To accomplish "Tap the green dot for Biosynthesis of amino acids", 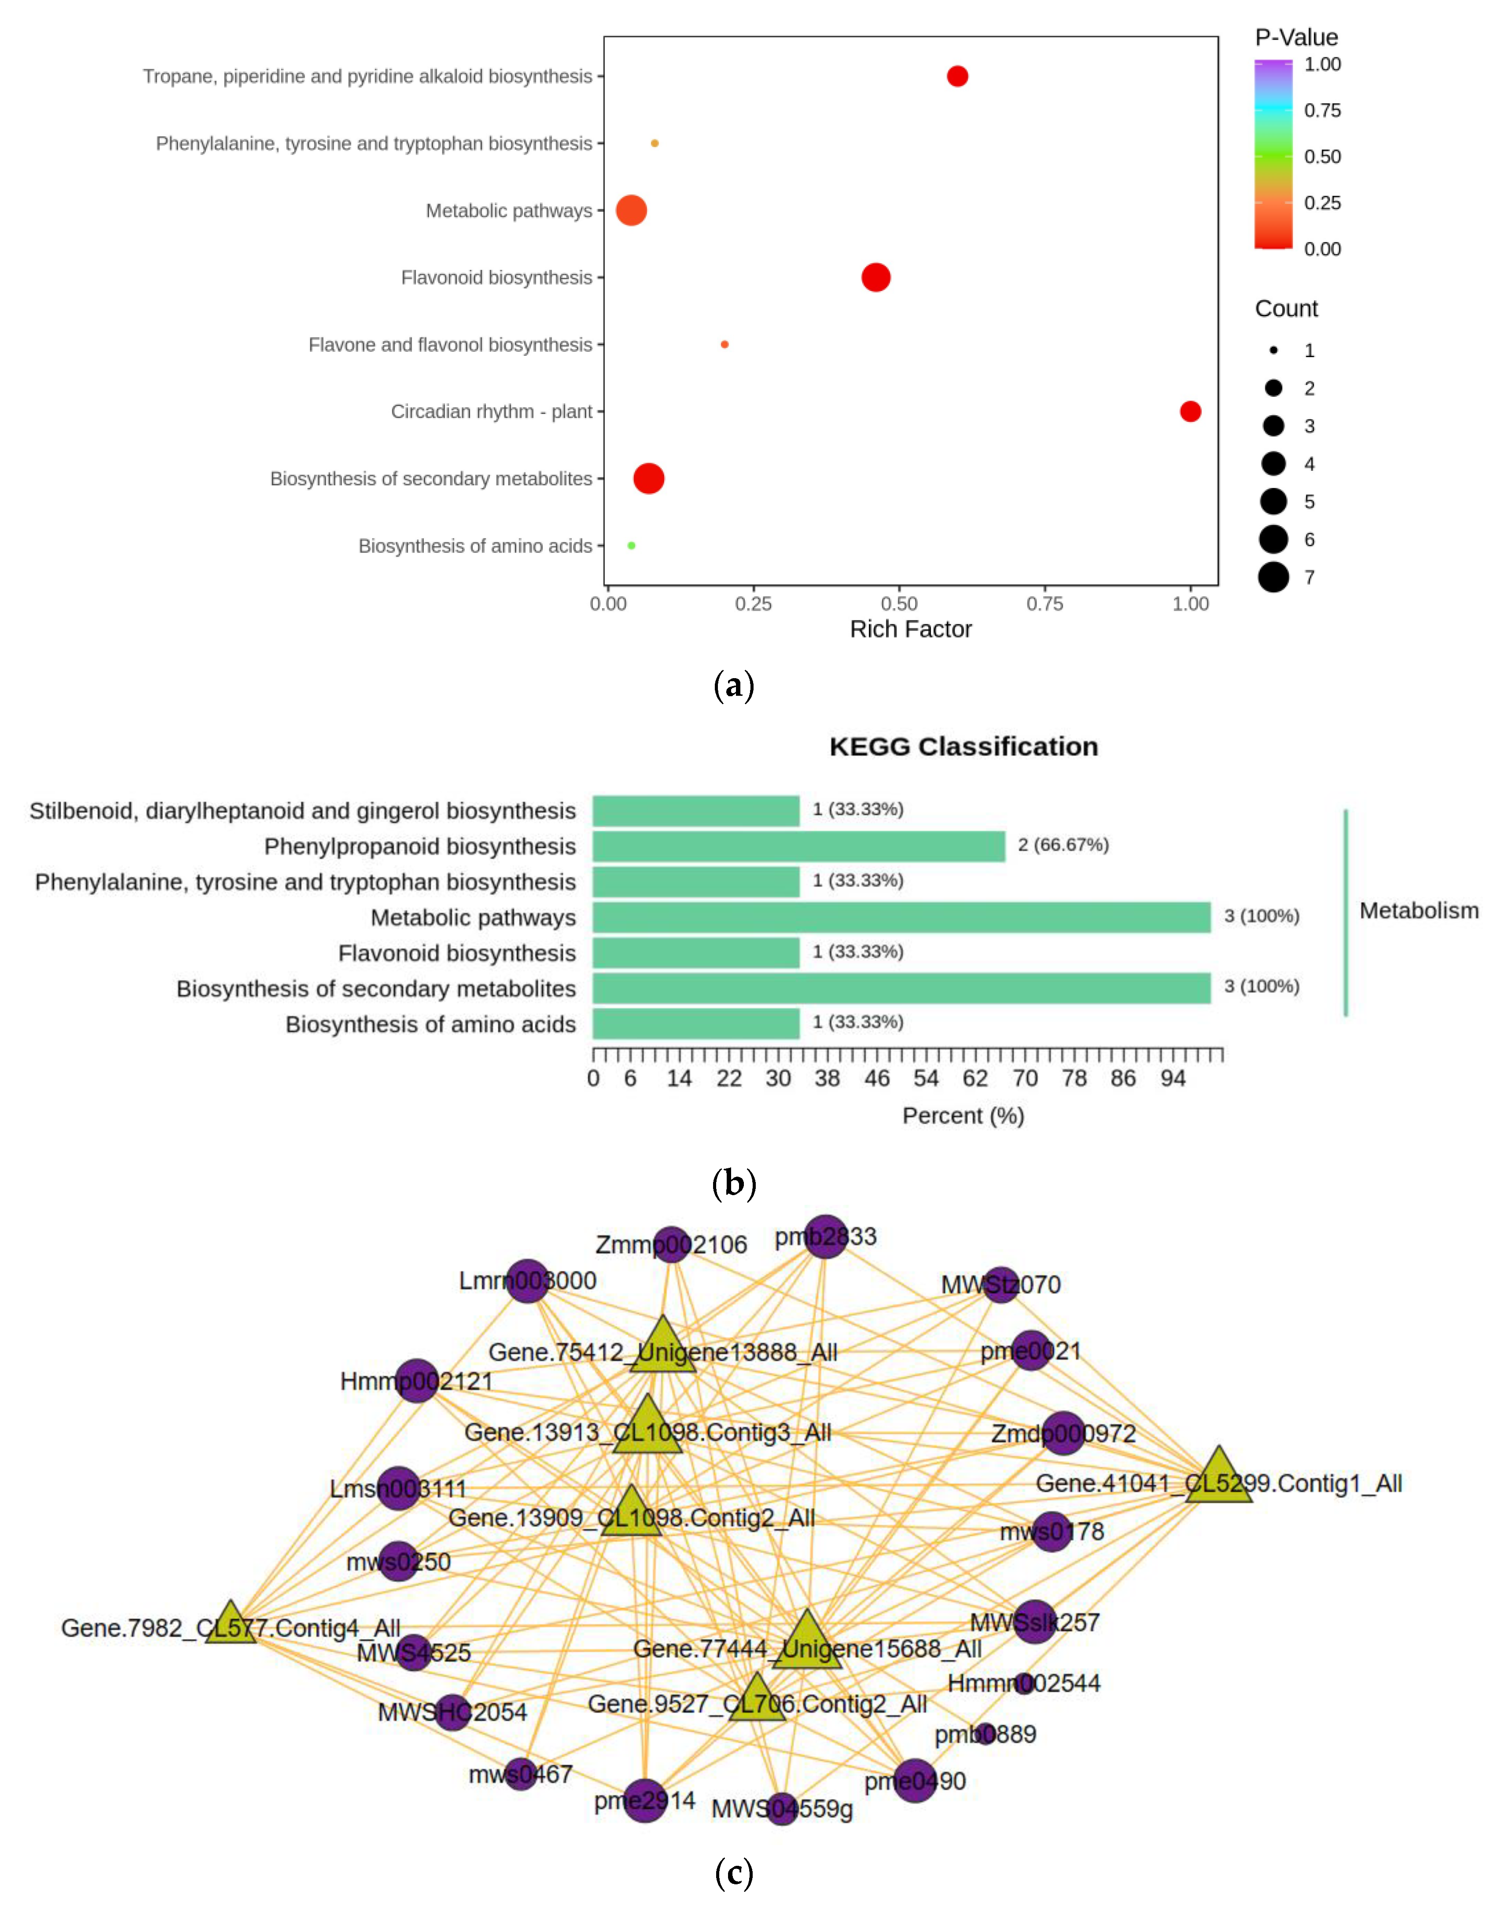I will point(631,546).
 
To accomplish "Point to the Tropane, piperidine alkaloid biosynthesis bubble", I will point(957,76).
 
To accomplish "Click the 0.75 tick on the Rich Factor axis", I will point(1045,604).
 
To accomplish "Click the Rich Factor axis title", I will point(910,630).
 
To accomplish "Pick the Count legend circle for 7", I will point(1273,578).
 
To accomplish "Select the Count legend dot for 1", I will point(1273,351).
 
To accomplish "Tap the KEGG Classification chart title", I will point(963,747).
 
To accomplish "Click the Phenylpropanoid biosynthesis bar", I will point(798,846).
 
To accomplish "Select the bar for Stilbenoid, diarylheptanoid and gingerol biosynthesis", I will point(696,811).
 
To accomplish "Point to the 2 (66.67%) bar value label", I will point(1063,845).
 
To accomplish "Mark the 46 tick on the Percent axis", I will point(877,1078).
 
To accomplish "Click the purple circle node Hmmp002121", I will point(417,1381).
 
